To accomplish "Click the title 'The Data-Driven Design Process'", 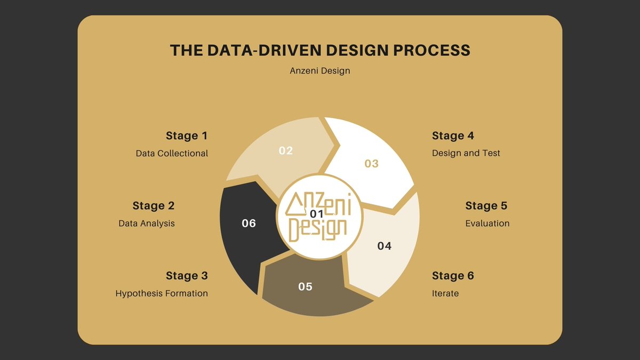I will click(320, 50).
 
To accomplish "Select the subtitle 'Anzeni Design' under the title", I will click(320, 70).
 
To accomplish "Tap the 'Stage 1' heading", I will click(186, 135).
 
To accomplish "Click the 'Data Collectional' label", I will click(172, 153).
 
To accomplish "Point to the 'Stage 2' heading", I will click(153, 205).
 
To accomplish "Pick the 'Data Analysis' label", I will click(147, 223).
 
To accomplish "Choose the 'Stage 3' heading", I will click(186, 276).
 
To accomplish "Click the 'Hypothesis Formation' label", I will click(162, 293).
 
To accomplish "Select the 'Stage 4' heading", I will click(453, 135).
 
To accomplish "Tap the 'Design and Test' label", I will click(466, 153).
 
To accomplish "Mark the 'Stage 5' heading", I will click(486, 205).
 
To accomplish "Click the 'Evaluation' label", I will click(487, 223).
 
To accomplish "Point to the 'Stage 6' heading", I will click(453, 276).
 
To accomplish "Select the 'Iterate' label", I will click(445, 293).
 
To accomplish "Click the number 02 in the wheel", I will click(286, 150).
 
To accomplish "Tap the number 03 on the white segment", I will click(371, 163).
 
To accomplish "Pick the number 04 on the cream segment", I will click(384, 246).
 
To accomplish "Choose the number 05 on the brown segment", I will click(305, 287).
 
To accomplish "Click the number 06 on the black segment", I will click(249, 223).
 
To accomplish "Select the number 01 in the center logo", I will click(317, 214).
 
